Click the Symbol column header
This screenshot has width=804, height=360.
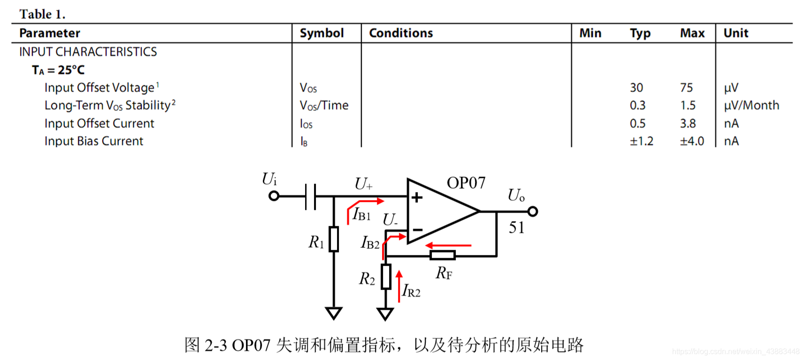point(322,33)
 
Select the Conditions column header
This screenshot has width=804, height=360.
point(400,33)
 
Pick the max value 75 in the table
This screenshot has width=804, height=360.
point(686,88)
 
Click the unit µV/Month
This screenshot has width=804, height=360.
point(751,106)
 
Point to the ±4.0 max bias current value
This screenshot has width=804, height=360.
point(692,141)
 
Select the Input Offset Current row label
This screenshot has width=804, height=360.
point(99,123)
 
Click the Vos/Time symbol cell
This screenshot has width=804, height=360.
point(324,106)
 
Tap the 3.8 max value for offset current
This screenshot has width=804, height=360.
point(688,123)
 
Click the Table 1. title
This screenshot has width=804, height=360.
point(42,14)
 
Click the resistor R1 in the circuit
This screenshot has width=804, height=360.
point(334,239)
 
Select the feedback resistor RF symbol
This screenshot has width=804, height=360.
point(443,255)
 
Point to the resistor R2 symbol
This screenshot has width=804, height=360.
point(386,276)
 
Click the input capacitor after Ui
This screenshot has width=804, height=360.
point(310,196)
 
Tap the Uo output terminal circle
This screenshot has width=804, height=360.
point(532,212)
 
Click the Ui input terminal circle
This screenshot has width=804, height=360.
point(274,196)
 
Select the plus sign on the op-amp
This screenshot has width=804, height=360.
point(417,198)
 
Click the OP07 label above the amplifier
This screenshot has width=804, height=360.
point(466,183)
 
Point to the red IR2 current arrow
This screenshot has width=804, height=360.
point(399,286)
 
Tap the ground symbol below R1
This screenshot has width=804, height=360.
point(334,313)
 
